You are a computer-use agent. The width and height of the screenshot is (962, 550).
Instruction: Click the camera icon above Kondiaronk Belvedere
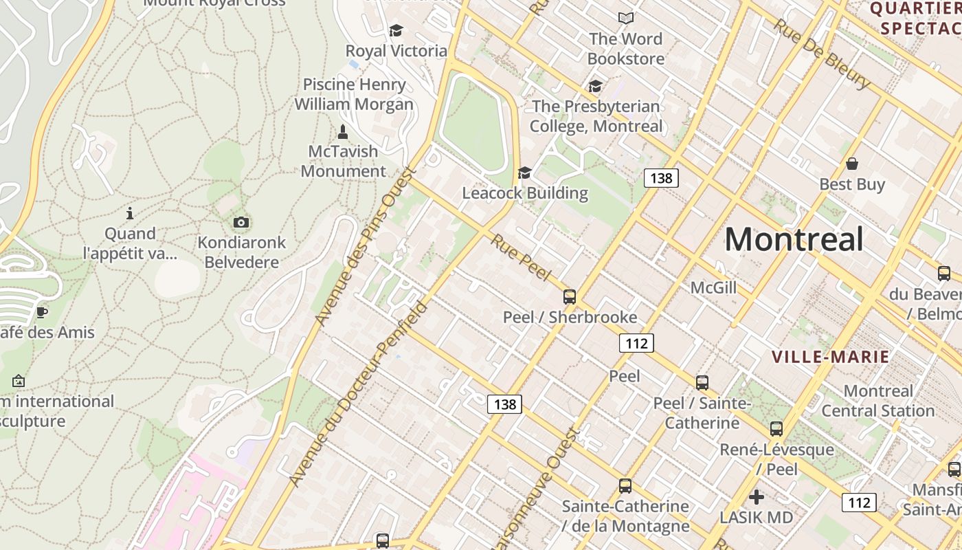click(241, 222)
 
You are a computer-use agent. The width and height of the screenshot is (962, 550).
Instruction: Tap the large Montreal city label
click(794, 239)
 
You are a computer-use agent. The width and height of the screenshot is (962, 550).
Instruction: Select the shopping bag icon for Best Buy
click(852, 164)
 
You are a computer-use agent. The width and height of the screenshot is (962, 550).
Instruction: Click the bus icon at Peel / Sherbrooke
click(570, 297)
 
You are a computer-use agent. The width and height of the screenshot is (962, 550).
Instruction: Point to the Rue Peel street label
click(522, 257)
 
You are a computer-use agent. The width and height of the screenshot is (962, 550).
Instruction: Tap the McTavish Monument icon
click(343, 131)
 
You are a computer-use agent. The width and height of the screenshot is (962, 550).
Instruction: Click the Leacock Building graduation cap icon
click(525, 173)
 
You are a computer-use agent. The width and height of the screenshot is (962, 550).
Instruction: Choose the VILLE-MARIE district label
click(830, 357)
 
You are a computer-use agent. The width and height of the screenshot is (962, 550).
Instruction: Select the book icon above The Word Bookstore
click(625, 18)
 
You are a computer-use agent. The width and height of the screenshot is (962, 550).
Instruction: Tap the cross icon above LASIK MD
click(757, 496)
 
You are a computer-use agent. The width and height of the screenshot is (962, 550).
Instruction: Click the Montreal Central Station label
click(878, 401)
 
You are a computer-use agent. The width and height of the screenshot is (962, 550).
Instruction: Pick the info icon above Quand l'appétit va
click(130, 213)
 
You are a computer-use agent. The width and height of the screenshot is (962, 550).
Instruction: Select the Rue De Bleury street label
click(822, 54)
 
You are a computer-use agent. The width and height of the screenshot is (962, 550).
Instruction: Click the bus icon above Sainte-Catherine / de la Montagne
click(625, 486)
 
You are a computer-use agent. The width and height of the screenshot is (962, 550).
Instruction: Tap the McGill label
click(713, 287)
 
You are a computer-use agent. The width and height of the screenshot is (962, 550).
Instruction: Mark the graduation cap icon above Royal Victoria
click(396, 31)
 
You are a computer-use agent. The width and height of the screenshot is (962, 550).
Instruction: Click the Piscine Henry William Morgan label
click(354, 94)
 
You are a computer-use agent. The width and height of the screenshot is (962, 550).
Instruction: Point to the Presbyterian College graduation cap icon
click(595, 87)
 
